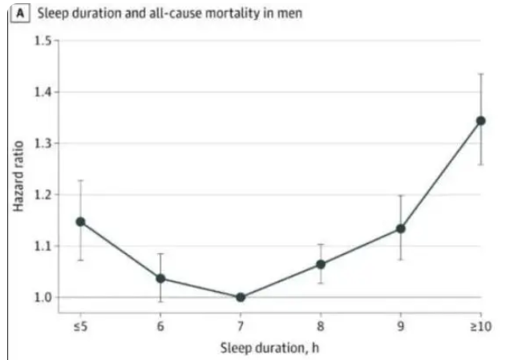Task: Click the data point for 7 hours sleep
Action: pos(241,297)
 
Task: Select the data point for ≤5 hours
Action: pos(80,221)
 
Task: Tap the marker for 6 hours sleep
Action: pos(160,278)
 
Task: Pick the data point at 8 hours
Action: pos(321,264)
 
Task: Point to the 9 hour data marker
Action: pos(401,229)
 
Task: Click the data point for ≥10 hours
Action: pos(481,120)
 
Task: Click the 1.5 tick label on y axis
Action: pos(41,41)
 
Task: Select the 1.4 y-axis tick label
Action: pos(41,92)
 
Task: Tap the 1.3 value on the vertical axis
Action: pos(41,144)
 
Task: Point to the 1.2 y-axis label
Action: pos(41,195)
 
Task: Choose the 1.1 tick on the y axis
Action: pos(41,246)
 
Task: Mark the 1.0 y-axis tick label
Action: pos(41,297)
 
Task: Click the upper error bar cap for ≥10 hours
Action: pos(481,74)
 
